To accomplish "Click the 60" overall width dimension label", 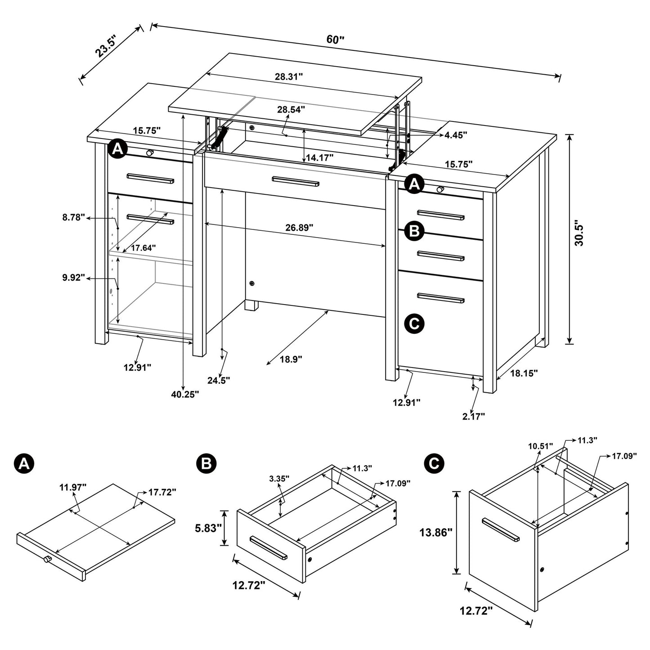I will [335, 39].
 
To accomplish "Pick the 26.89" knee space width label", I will [299, 228].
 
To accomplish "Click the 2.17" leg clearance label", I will [473, 417].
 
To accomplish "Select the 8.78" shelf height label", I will [74, 218].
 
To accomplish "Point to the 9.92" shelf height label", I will [74, 278].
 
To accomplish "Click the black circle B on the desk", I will [414, 231].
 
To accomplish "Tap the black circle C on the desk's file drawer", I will [414, 323].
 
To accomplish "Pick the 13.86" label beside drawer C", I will [435, 533].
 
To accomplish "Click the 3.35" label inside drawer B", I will [280, 478].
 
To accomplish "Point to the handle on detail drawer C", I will [500, 529].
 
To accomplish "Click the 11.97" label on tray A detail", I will [72, 486].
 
